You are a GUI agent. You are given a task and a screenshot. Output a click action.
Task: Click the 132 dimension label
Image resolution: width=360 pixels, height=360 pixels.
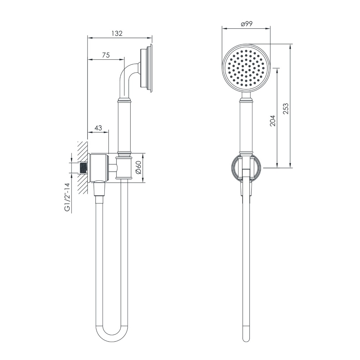117,33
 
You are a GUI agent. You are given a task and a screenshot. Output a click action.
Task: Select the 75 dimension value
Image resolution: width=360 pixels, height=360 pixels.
106,55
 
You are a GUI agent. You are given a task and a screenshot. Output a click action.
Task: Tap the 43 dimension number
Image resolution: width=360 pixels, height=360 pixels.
98,128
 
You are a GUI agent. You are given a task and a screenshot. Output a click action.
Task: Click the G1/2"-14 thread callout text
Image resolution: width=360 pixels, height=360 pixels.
67,197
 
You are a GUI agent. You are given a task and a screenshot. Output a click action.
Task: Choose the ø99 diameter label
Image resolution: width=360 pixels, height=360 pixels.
247,24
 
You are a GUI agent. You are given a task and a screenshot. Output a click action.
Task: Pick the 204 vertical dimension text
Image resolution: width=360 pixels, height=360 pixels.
273,121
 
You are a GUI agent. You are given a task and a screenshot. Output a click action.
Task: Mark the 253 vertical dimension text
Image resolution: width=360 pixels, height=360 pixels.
285,108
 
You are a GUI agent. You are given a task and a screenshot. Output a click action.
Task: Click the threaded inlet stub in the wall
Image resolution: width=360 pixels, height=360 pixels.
84,168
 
